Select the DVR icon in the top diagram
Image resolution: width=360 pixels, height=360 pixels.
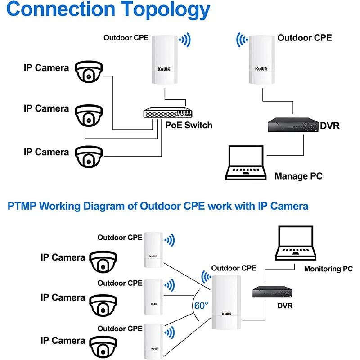coord(292,125)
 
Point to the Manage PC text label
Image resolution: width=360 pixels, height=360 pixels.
coord(298,176)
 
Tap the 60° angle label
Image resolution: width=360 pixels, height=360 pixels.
coord(201,305)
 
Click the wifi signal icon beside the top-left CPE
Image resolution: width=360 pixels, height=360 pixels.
coord(184,40)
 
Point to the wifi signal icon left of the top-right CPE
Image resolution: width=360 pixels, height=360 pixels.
coord(242,40)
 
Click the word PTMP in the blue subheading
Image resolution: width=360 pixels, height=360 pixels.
coord(22,206)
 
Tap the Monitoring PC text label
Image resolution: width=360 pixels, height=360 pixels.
coord(328,269)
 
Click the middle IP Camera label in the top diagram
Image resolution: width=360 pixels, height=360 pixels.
coord(46,109)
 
